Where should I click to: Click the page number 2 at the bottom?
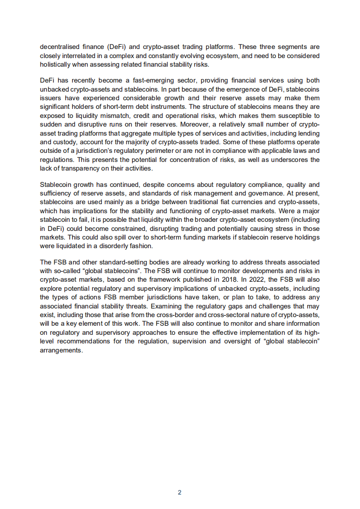[180, 492]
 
